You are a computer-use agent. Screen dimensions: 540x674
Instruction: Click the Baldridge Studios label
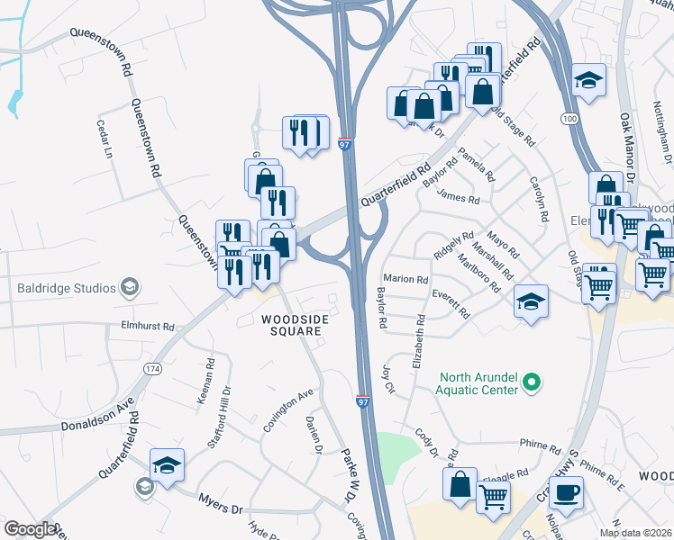tap(67, 288)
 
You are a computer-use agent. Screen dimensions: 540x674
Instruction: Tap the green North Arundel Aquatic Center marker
tap(532, 382)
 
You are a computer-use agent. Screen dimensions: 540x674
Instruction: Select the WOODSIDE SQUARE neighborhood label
tap(292, 325)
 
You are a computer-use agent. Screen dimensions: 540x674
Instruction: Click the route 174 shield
tap(151, 370)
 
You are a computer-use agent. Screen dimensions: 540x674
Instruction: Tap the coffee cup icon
tap(566, 493)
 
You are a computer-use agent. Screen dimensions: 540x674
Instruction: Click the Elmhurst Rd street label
tap(142, 328)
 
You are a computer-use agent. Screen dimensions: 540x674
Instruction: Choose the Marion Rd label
tap(405, 279)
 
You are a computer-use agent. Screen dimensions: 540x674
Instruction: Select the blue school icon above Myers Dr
tap(167, 465)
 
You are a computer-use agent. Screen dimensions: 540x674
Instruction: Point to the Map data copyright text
tap(636, 533)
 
